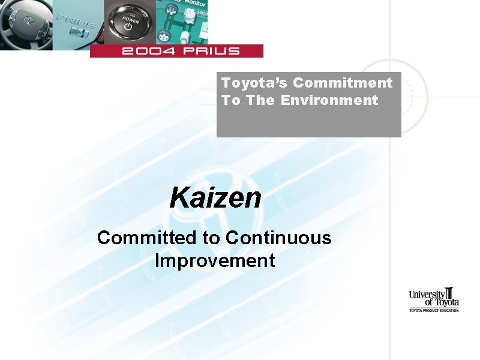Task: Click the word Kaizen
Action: [215, 197]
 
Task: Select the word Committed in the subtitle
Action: [146, 238]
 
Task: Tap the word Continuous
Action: [278, 238]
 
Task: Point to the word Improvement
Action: [215, 261]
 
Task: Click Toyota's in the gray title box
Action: [255, 83]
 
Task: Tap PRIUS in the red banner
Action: [211, 51]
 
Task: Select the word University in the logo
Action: [427, 294]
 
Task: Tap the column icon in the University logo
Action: [450, 295]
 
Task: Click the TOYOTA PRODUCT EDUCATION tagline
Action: [434, 310]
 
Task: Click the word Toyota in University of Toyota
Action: [446, 302]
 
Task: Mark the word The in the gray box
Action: [260, 100]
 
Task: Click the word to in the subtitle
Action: [211, 238]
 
